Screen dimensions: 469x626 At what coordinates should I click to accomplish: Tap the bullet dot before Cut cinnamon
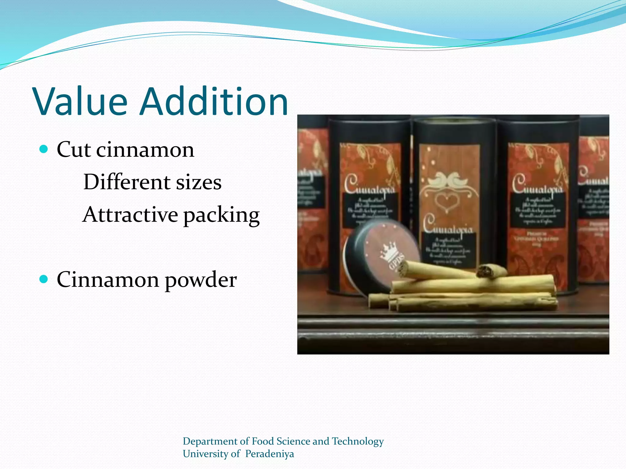(44, 149)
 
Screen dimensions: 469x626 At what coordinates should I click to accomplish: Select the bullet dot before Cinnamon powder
(44, 279)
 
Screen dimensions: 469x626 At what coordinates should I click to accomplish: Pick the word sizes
(199, 183)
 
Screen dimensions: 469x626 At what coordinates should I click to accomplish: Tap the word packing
(221, 216)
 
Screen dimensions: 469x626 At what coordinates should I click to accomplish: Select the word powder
(201, 280)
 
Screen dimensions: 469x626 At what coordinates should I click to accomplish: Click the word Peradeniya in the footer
(269, 454)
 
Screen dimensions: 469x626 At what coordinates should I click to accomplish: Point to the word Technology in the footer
(358, 442)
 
